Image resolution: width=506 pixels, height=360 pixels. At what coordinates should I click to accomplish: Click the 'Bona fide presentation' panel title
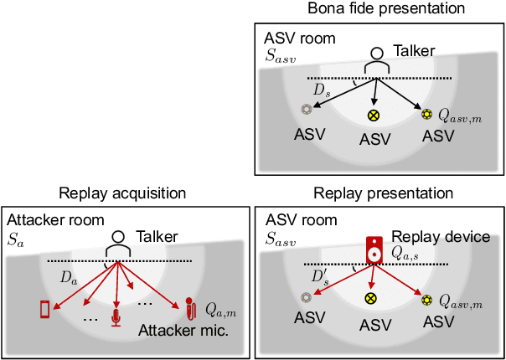pos(374,9)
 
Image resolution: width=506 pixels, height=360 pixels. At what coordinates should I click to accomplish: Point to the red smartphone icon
pos(45,309)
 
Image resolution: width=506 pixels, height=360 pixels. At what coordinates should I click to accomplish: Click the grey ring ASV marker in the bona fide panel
pos(306,110)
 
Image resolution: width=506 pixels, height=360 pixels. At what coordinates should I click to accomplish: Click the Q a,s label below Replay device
pos(406,251)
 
